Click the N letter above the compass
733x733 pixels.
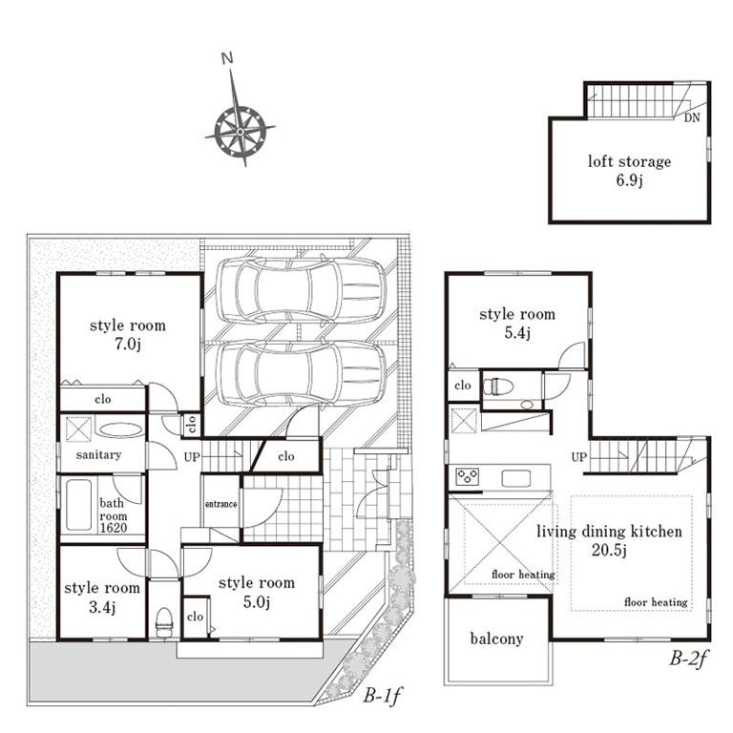227,58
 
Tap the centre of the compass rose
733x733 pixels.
240,132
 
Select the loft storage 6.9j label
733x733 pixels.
629,171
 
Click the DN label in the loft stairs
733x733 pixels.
692,117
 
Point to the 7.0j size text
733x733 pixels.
128,345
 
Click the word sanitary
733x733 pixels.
98,454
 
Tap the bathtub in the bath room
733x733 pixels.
78,505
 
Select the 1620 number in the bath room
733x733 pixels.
114,528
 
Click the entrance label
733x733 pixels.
221,504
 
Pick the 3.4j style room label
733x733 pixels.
102,597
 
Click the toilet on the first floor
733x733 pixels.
164,622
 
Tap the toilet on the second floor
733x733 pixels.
498,387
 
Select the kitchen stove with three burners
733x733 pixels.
468,477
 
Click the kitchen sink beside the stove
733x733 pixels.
516,479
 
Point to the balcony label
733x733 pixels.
496,639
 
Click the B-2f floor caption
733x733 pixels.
688,659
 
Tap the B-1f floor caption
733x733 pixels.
383,696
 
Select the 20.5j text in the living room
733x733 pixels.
609,550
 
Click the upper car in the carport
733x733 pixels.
301,290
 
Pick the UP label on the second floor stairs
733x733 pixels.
578,457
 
